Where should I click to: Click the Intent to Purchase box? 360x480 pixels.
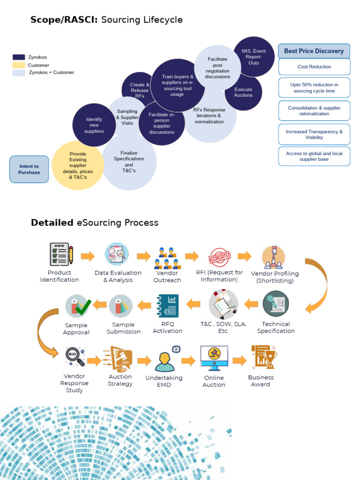(29, 169)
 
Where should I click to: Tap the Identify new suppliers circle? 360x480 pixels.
(94, 125)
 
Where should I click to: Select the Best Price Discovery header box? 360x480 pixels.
(314, 51)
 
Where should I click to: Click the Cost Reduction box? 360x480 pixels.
(314, 67)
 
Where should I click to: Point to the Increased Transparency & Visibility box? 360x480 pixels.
(314, 135)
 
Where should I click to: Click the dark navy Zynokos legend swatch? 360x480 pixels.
(19, 57)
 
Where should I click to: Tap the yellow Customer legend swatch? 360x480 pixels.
(19, 65)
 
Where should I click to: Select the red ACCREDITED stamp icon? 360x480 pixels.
(219, 257)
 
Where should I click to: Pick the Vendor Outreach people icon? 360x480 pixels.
(167, 258)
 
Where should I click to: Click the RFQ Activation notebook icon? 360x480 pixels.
(167, 306)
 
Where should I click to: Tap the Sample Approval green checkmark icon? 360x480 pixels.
(77, 306)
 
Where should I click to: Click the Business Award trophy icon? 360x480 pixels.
(263, 357)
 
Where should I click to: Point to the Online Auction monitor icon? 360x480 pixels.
(214, 358)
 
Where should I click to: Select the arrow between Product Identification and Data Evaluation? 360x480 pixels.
(88, 256)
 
